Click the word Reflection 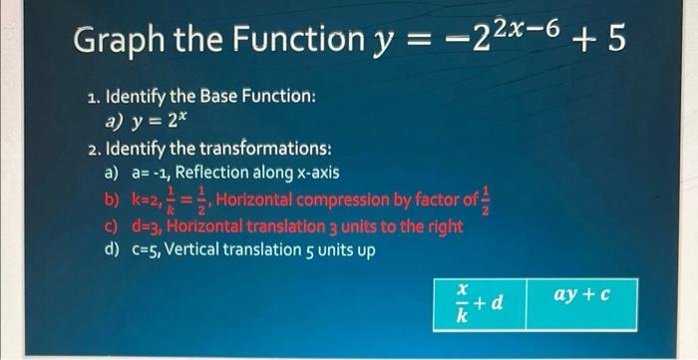coord(219,173)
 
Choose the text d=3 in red coord(146,226)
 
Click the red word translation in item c coord(273,226)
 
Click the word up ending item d coord(364,251)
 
